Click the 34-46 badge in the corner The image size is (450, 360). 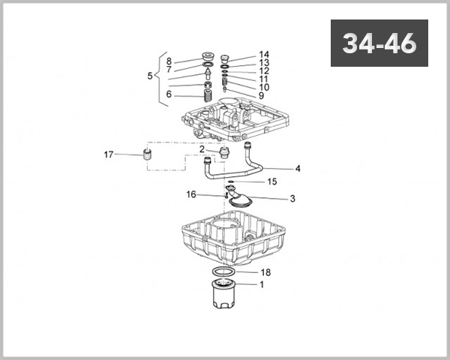click(x=379, y=43)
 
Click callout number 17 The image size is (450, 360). click(x=109, y=155)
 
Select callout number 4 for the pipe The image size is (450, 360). click(x=298, y=169)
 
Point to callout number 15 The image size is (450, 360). click(x=271, y=181)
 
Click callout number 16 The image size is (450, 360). click(x=191, y=194)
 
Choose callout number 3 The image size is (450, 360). click(x=292, y=199)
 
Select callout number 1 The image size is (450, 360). click(x=262, y=284)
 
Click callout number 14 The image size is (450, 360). click(x=264, y=55)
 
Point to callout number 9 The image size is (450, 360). click(x=261, y=96)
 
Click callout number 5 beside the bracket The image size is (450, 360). click(x=150, y=76)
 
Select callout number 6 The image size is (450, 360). click(x=169, y=94)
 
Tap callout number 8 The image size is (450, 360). click(x=169, y=61)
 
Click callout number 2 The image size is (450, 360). click(x=202, y=149)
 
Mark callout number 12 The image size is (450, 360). click(x=264, y=71)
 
